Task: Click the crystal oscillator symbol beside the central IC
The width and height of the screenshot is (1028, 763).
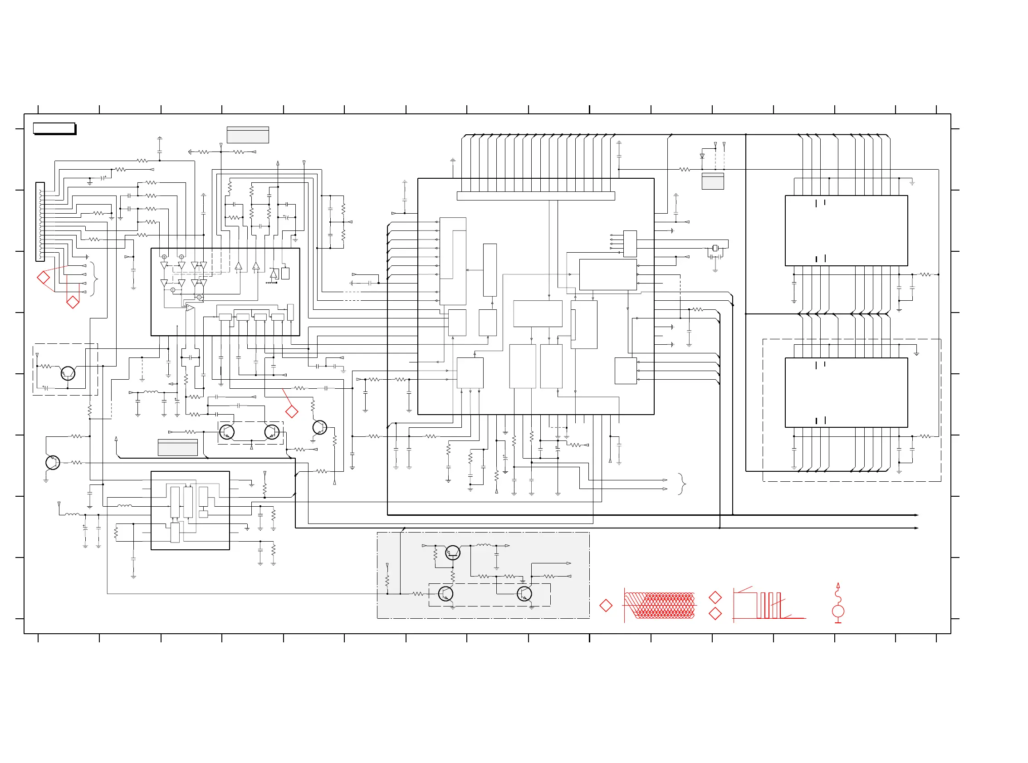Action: (x=715, y=249)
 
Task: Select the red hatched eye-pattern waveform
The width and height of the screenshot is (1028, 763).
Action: (x=660, y=605)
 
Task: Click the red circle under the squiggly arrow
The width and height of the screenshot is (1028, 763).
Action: (x=838, y=611)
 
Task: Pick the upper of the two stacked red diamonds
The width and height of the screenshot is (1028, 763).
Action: (x=715, y=597)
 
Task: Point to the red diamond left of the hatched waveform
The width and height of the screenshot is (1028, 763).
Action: (x=606, y=606)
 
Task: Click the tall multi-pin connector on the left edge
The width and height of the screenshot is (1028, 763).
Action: (x=40, y=222)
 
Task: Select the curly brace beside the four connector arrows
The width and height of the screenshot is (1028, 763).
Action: (x=94, y=279)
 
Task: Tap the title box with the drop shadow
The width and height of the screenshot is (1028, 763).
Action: (x=54, y=128)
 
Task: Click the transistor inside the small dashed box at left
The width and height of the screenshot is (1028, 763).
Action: (x=68, y=373)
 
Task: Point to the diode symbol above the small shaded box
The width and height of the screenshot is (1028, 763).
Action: (x=702, y=156)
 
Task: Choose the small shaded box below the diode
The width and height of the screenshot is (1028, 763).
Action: (x=713, y=181)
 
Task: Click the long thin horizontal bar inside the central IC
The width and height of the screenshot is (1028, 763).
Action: (x=536, y=196)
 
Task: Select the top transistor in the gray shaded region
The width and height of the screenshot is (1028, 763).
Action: (x=453, y=553)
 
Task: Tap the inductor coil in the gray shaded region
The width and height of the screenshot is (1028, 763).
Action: (x=484, y=545)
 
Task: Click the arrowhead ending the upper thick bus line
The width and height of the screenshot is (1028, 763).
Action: (x=916, y=515)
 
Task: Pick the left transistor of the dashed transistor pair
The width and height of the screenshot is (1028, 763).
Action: (x=227, y=432)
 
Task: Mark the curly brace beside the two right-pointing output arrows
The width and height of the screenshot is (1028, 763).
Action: (x=682, y=484)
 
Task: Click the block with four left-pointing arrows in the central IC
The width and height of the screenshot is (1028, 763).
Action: (x=630, y=244)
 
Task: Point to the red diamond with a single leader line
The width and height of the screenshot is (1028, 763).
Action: (x=291, y=411)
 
